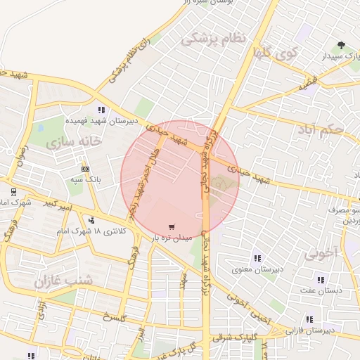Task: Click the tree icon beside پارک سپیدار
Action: (x=342, y=44)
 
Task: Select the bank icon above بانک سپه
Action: (x=86, y=169)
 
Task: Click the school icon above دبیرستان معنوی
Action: (x=257, y=258)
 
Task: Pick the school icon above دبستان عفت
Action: (x=321, y=280)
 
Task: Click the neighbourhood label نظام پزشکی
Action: (x=213, y=39)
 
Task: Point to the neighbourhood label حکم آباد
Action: (x=320, y=129)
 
